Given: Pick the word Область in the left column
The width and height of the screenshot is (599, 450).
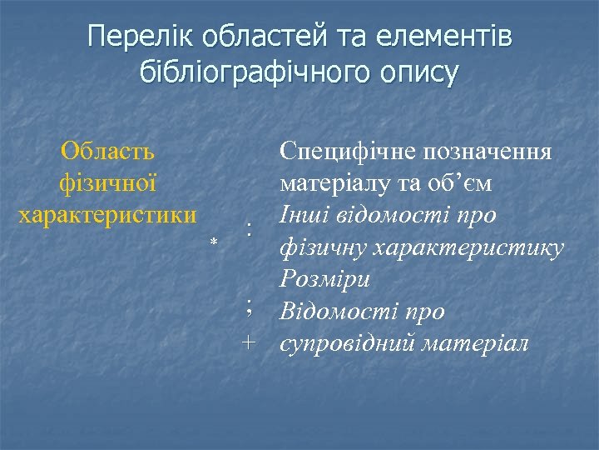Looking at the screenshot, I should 107,152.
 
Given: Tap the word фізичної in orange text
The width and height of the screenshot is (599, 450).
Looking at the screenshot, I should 107,182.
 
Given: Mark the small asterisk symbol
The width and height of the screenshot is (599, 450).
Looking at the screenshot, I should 214,242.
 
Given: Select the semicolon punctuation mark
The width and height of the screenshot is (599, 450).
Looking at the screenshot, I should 248,308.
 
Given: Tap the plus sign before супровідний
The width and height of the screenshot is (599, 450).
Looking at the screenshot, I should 248,342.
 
